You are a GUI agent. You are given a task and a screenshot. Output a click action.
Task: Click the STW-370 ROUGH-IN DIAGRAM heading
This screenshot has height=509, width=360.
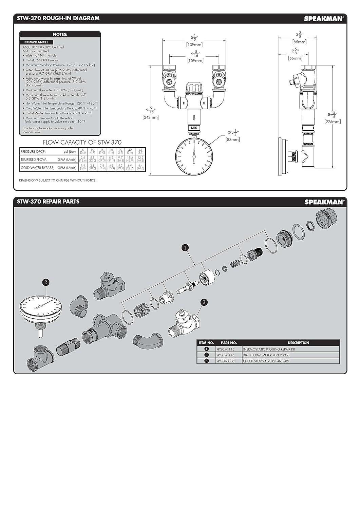pyautogui.click(x=58, y=18)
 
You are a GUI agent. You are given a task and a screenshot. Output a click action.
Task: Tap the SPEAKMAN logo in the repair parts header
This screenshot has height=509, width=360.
pyautogui.click(x=324, y=202)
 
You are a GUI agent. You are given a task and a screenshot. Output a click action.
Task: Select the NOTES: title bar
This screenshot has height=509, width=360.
pyautogui.click(x=60, y=34)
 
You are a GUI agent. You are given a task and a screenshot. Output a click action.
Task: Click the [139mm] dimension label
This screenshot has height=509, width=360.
pyautogui.click(x=194, y=45)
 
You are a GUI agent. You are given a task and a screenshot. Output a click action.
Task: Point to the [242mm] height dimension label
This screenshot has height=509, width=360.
pyautogui.click(x=151, y=117)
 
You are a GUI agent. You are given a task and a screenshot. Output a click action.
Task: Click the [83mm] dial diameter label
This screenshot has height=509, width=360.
pyautogui.click(x=233, y=139)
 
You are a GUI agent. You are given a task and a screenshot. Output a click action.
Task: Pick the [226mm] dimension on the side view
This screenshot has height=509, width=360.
pyautogui.click(x=333, y=121)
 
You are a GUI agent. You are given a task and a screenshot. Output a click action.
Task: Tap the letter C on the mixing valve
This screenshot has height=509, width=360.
pyautogui.click(x=204, y=103)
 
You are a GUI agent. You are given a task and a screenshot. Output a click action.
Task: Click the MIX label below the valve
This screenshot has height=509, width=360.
pyautogui.click(x=194, y=128)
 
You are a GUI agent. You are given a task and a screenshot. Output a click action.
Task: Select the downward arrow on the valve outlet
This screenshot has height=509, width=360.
pyautogui.click(x=194, y=118)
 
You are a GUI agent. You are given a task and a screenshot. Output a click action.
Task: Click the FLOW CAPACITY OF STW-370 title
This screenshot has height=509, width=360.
pyautogui.click(x=82, y=143)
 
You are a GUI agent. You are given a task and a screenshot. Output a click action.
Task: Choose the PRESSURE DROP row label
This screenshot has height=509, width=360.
pyautogui.click(x=33, y=152)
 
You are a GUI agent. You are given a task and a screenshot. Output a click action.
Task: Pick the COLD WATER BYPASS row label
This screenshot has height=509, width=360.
pyautogui.click(x=37, y=168)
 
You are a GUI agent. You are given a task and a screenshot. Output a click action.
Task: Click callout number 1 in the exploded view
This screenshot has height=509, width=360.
pyautogui.click(x=185, y=248)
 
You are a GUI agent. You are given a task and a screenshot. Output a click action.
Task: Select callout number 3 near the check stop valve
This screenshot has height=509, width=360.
pyautogui.click(x=204, y=302)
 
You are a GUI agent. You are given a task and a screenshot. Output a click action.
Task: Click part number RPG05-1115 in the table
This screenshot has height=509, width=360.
pyautogui.click(x=225, y=349)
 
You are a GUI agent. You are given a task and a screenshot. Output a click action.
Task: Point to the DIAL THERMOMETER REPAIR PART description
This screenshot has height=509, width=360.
pyautogui.click(x=266, y=355)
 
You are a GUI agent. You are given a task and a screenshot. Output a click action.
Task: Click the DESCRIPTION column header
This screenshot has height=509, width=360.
pyautogui.click(x=298, y=343)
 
